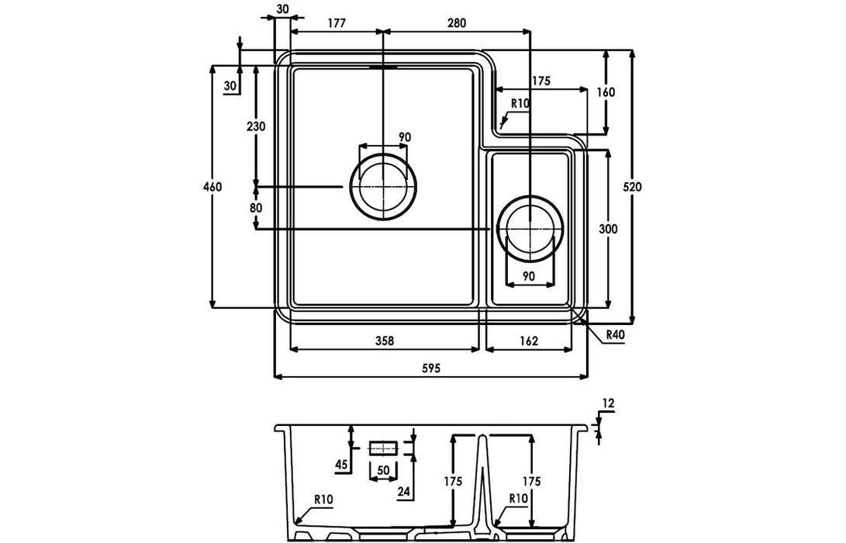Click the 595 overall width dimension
[x=431, y=368]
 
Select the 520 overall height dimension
[x=632, y=187]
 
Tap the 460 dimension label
[x=212, y=187]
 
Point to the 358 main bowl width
[x=385, y=341]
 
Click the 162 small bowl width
[x=529, y=341]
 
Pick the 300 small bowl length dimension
[x=608, y=229]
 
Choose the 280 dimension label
[x=457, y=22]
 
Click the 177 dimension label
[x=336, y=22]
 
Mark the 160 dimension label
[x=606, y=92]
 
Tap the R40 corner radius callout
[x=615, y=334]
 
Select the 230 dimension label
[x=256, y=127]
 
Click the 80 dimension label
[x=256, y=208]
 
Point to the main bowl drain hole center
[x=383, y=187]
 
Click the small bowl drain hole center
[x=530, y=229]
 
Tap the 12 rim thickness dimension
[x=608, y=403]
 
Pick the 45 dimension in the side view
[x=341, y=464]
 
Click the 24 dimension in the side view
[x=403, y=491]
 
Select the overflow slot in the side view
[x=383, y=448]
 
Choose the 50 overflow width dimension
[x=383, y=470]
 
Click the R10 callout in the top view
[x=520, y=103]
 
